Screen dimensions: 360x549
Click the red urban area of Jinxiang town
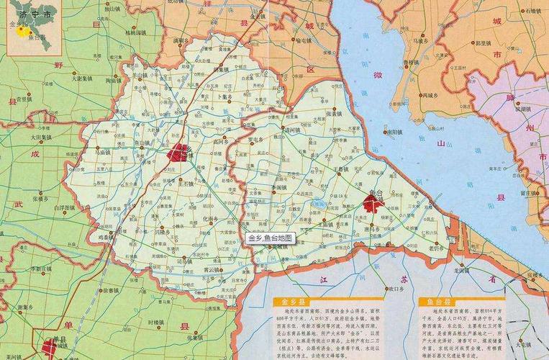[x=178, y=153]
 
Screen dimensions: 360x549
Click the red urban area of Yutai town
[x=372, y=204]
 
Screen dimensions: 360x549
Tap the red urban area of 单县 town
[x=49, y=348]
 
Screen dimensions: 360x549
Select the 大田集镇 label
[x=41, y=136]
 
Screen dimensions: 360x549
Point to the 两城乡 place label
[x=435, y=94]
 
